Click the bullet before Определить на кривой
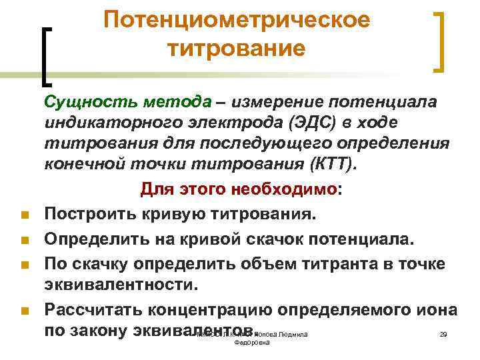[23, 241]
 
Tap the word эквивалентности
[121, 285]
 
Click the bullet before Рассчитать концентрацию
[23, 311]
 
